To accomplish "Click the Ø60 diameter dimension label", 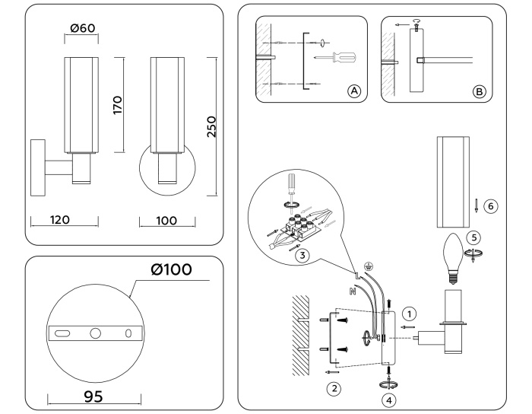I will (84, 29).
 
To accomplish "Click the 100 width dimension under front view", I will (165, 220).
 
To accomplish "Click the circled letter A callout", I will (353, 91).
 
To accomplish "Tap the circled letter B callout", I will (479, 91).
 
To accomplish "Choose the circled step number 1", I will (409, 313).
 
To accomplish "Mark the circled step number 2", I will (332, 388).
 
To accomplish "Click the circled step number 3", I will (303, 256).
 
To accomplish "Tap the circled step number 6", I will (490, 205).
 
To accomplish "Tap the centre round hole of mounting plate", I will (95, 333).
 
